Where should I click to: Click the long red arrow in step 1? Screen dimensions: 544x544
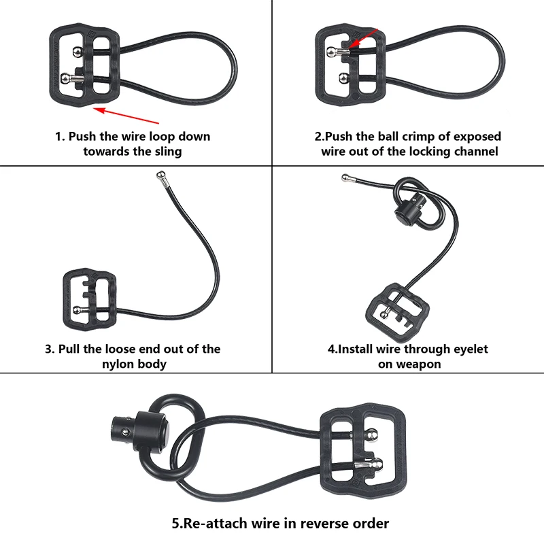tap(126, 116)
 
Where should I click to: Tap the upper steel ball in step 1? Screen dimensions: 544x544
tap(78, 52)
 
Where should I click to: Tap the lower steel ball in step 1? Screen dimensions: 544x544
tap(65, 78)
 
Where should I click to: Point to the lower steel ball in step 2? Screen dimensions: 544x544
tap(343, 78)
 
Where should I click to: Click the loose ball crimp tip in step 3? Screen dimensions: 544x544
tap(160, 175)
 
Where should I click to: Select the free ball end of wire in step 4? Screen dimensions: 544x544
tap(345, 178)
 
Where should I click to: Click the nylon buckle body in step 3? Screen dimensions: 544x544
tap(90, 299)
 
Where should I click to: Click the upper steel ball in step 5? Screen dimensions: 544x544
tap(372, 435)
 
